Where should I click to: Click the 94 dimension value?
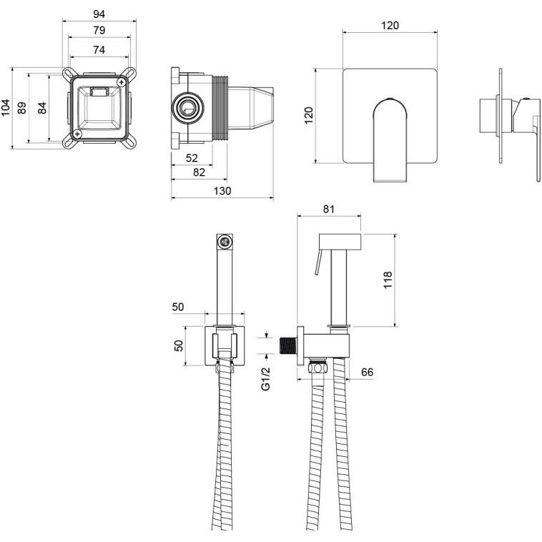click(99, 14)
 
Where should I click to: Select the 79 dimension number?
click(99, 31)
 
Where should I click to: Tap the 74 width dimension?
click(99, 50)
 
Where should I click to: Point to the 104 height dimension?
click(6, 107)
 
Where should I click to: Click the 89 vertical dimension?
click(22, 108)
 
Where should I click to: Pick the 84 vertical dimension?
click(42, 108)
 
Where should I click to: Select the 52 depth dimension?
click(192, 158)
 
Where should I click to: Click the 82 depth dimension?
click(199, 172)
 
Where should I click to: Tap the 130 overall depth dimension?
click(222, 191)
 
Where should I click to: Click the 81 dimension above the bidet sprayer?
click(329, 209)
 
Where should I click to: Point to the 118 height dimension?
click(388, 280)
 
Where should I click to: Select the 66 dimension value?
click(367, 372)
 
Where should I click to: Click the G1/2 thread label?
click(265, 379)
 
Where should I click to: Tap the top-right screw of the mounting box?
click(122, 82)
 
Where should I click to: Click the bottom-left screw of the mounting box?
click(77, 134)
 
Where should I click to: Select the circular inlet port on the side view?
click(187, 108)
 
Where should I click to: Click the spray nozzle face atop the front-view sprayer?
click(225, 241)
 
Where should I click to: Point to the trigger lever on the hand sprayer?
click(318, 262)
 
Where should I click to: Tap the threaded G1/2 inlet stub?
click(288, 345)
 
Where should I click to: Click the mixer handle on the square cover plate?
click(390, 139)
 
